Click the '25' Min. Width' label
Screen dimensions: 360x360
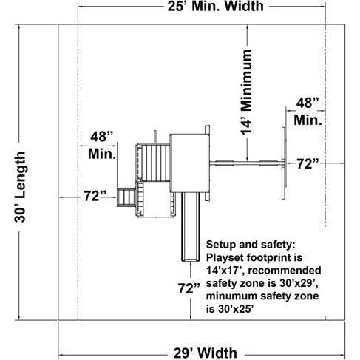215,6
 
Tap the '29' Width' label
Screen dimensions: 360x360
206,353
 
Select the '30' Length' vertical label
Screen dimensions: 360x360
20,187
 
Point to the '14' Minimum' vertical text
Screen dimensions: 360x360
246,92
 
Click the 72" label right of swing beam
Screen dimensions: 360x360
308,164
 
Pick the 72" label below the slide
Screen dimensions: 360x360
189,288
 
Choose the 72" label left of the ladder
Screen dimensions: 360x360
95,196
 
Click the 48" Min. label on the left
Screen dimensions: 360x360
102,146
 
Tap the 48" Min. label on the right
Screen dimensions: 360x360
308,112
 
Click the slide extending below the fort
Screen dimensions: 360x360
191,227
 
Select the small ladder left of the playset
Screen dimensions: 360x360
126,197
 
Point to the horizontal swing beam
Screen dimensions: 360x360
246,163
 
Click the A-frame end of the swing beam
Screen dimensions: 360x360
284,163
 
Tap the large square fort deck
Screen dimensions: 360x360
189,163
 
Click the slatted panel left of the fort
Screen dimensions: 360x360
156,163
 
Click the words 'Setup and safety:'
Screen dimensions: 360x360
251,245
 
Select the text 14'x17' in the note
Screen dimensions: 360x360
225,271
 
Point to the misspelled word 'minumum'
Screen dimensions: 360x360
231,296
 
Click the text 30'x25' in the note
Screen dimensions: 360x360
236,309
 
